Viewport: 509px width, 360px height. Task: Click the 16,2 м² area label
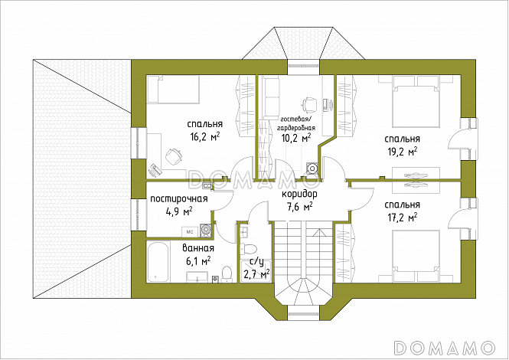coord(205,137)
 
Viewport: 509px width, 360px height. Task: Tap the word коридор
coord(299,194)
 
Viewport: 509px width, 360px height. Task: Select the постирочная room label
coord(179,198)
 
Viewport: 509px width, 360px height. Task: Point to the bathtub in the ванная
coord(158,262)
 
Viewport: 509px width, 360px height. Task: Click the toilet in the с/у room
coord(248,249)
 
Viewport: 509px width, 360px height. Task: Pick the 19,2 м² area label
coord(402,152)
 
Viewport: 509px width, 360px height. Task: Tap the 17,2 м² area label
coord(402,218)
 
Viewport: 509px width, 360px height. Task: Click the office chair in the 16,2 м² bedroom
coord(174,156)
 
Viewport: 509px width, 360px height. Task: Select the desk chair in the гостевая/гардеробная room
coord(309,104)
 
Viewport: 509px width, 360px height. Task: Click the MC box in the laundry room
coord(190,232)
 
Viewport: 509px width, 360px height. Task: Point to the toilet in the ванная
coord(227,274)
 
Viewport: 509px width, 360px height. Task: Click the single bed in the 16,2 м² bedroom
coord(173,90)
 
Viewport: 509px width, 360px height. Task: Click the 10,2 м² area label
coord(296,138)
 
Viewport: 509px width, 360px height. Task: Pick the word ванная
coord(198,249)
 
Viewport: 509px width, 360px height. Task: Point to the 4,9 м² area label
coord(179,212)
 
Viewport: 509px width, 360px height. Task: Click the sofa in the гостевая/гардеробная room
coord(271,97)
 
